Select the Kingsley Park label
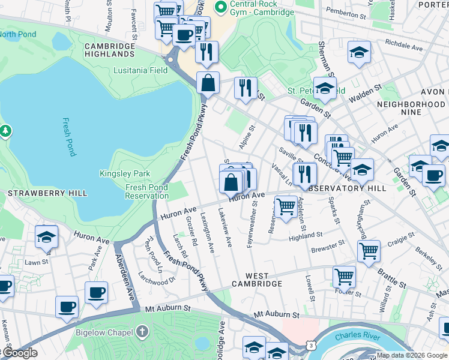pyautogui.click(x=124, y=174)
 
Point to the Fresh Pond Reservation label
pyautogui.click(x=147, y=191)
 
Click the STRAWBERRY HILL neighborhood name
pyautogui.click(x=47, y=193)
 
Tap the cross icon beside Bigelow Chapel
pyautogui.click(x=142, y=331)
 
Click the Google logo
pyautogui.click(x=19, y=353)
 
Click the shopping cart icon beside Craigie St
pyautogui.click(x=369, y=250)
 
